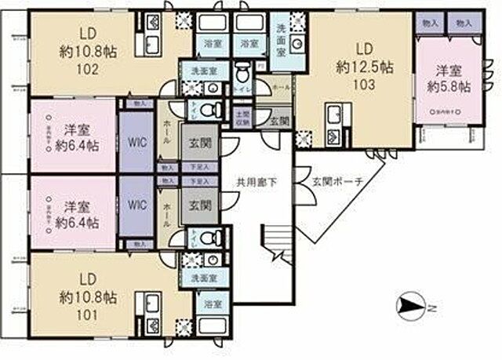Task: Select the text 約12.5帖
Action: (363, 67)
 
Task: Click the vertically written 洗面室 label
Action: (280, 37)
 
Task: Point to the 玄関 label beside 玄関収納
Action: (279, 121)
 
